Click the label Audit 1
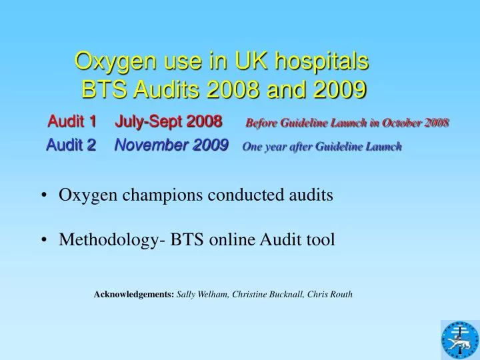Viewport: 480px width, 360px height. pyautogui.click(x=73, y=121)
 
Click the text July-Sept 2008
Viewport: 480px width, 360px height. pyautogui.click(x=169, y=121)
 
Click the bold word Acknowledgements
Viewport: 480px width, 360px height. pyautogui.click(x=134, y=293)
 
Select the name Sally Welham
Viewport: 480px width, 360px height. pyautogui.click(x=202, y=293)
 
